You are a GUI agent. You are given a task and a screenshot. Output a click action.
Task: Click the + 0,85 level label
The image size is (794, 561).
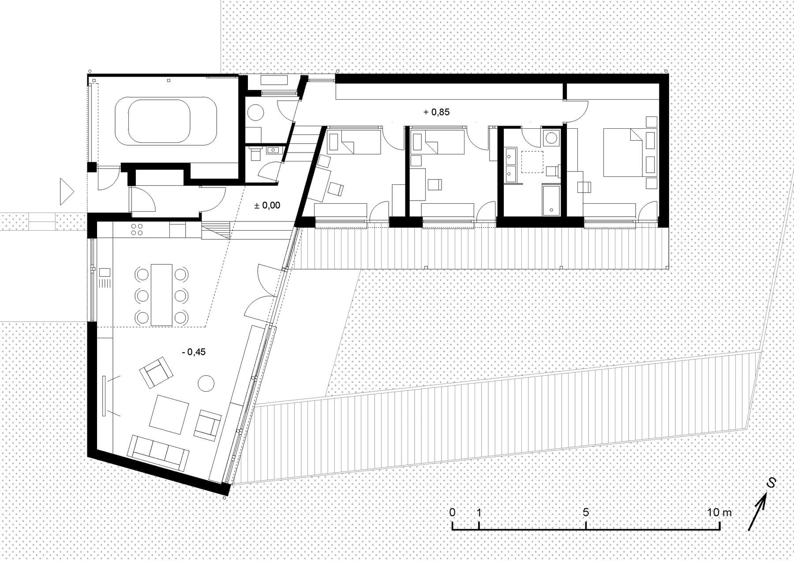pos(436,112)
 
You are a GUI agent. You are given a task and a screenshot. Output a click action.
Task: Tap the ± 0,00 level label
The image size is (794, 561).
pos(267,206)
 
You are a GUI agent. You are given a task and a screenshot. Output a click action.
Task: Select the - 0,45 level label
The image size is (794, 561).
pos(194,352)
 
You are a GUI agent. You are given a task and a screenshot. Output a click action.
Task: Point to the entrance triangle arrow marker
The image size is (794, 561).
pos(66,192)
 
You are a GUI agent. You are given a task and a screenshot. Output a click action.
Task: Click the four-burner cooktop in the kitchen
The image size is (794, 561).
pos(136,229)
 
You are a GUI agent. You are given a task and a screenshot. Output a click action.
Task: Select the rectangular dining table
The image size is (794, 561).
pos(161,295)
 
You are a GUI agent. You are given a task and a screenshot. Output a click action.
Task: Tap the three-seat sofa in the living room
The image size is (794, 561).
pos(157,453)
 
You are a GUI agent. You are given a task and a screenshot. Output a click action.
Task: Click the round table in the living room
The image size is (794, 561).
pos(206,382)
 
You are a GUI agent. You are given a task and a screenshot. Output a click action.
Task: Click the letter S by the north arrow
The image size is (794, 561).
pos(771,483)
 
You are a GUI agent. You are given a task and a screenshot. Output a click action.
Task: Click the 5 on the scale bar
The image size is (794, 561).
pos(586,512)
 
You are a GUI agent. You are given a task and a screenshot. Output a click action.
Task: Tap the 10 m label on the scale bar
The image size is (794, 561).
pos(719,512)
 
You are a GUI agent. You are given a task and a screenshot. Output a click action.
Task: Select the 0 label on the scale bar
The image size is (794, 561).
pos(453,512)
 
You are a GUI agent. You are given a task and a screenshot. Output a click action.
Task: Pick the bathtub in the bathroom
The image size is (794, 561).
pos(551,200)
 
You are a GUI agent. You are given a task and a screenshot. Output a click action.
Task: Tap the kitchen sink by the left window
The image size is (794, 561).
pos(105,277)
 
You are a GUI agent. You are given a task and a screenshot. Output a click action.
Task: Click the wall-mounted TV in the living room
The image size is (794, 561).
pos(104,396)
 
